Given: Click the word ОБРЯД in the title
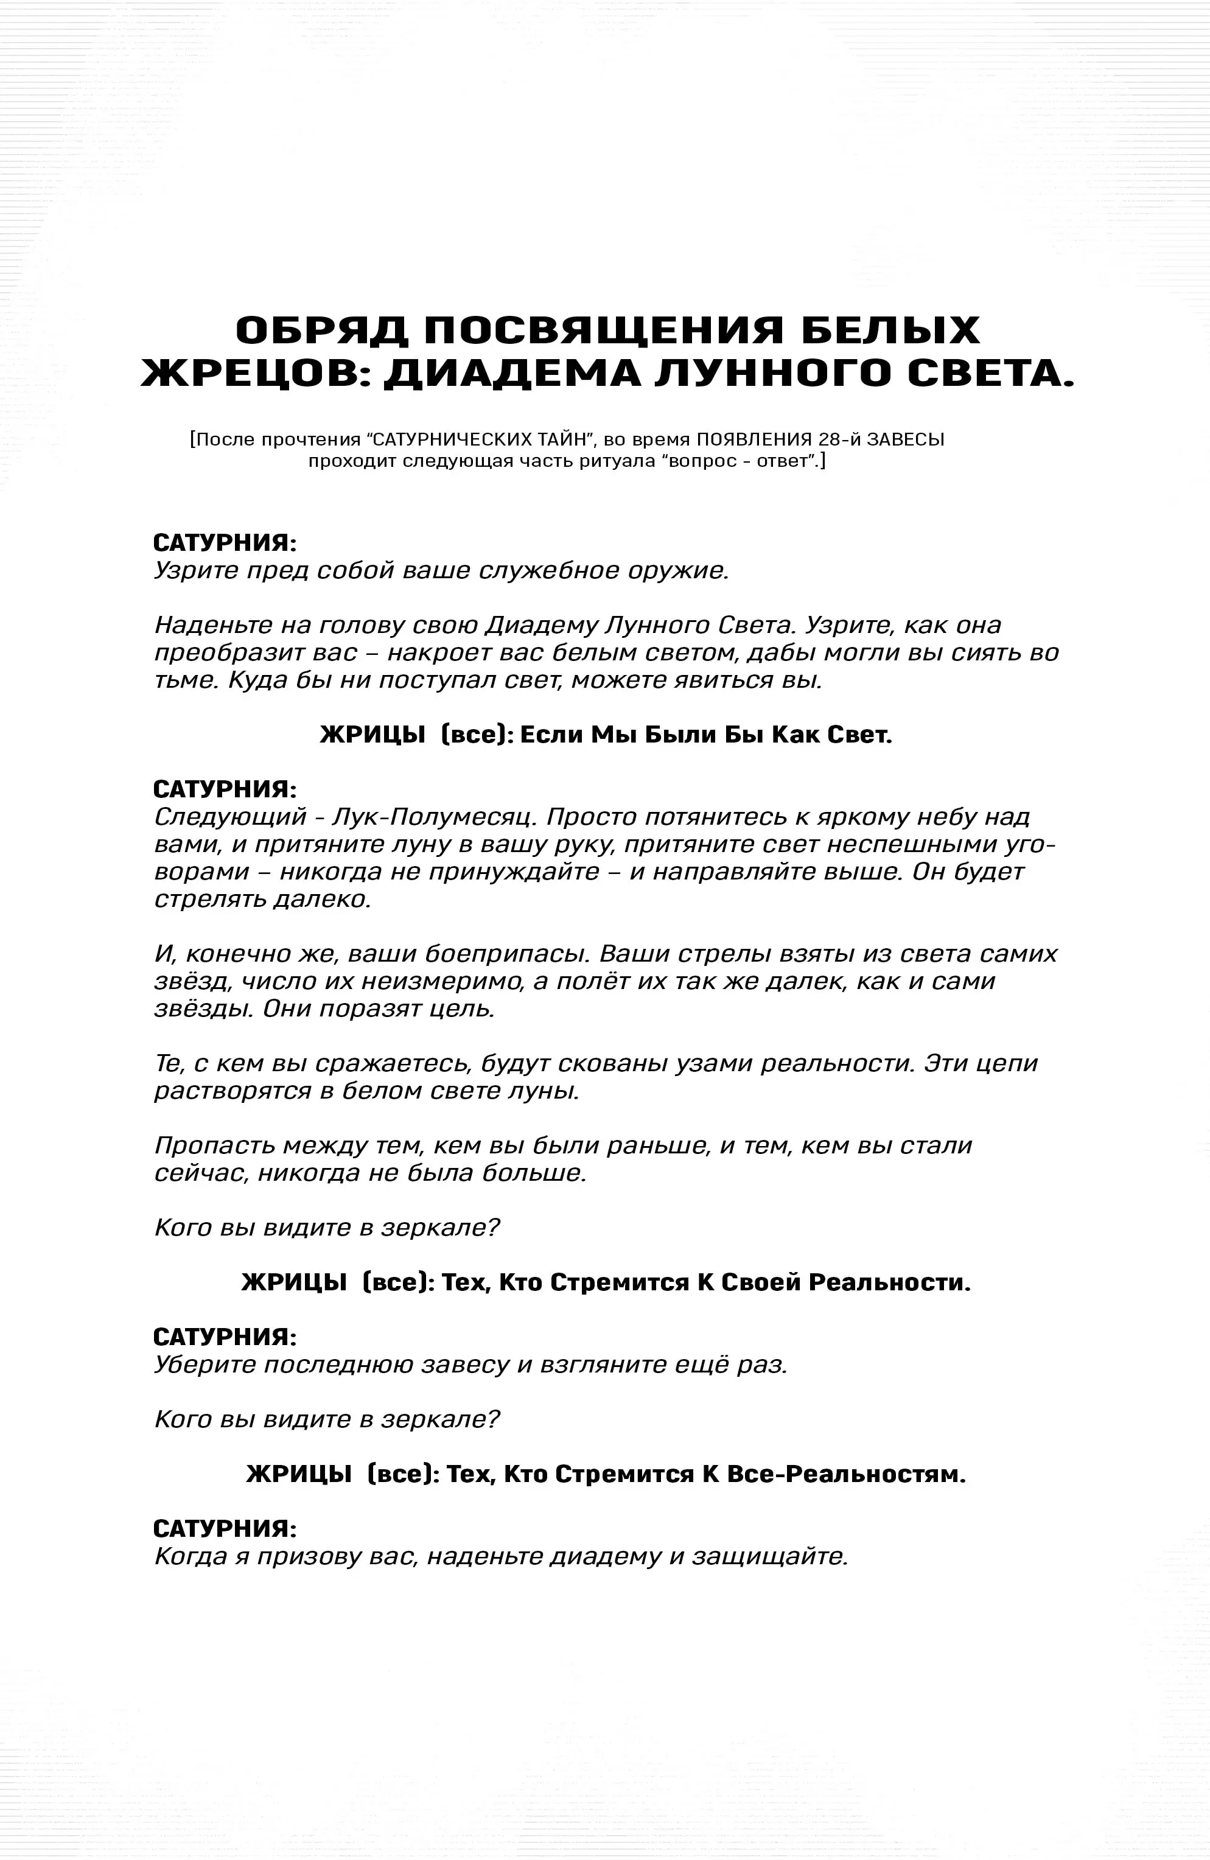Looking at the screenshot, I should pos(321,330).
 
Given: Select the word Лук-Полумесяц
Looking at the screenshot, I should pos(435,817).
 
